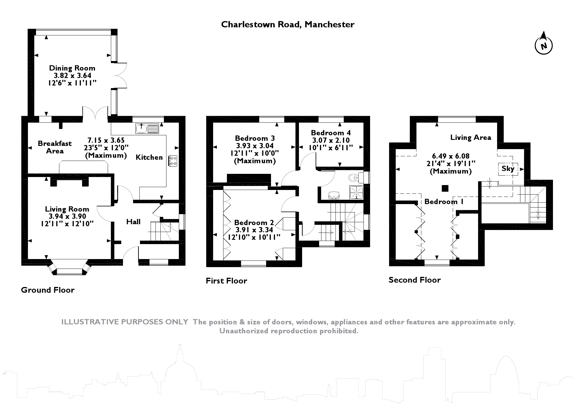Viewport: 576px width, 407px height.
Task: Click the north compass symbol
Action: (x=543, y=46)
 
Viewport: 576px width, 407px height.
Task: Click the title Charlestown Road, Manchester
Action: (x=287, y=24)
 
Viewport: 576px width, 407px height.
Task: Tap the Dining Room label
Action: (x=72, y=68)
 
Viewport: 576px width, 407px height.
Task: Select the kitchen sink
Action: (x=147, y=128)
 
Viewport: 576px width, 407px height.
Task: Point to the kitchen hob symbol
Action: (x=173, y=161)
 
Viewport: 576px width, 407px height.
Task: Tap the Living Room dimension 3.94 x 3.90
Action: (x=67, y=216)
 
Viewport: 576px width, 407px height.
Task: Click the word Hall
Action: (x=133, y=222)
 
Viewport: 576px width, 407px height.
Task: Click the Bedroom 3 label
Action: (x=255, y=138)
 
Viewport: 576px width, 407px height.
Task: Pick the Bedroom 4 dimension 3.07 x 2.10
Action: (x=331, y=140)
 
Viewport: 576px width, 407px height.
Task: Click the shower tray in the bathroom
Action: (x=356, y=192)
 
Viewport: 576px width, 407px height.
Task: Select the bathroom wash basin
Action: (x=334, y=195)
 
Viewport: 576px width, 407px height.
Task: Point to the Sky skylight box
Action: (x=508, y=169)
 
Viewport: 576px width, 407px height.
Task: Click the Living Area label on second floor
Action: (x=471, y=138)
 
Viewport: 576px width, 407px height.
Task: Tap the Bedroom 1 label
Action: (x=444, y=201)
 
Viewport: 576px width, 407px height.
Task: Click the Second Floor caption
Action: (x=414, y=280)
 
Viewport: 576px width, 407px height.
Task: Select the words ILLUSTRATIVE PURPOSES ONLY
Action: (x=125, y=322)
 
